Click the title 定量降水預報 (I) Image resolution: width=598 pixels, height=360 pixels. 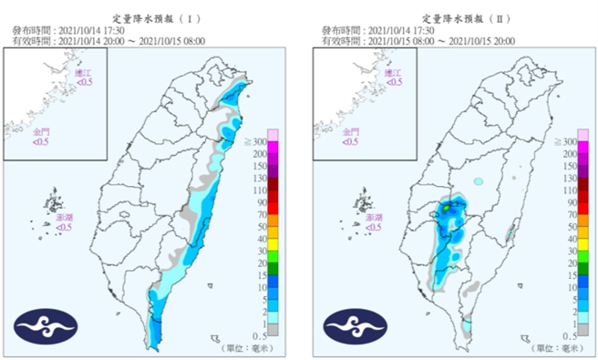[x=151, y=18]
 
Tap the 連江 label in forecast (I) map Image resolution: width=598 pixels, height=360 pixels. [x=84, y=77]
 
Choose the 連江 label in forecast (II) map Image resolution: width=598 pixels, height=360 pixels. [x=393, y=77]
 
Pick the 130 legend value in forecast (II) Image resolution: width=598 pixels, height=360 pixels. [x=569, y=179]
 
